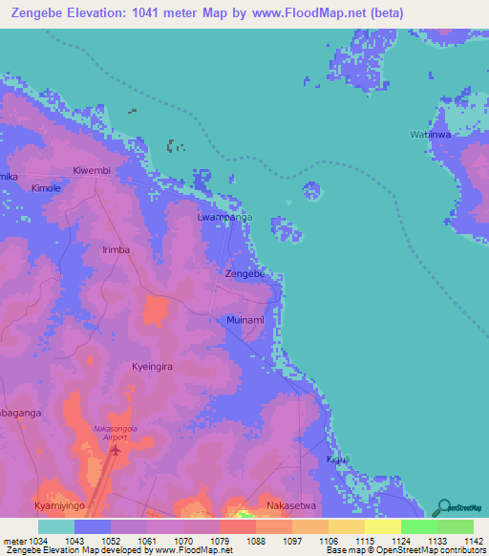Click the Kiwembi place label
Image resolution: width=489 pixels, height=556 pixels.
[93, 170]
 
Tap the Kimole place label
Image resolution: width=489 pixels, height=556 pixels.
[46, 188]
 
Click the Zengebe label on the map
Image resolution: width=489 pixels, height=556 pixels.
[244, 273]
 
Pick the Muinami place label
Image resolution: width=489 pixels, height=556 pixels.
[244, 320]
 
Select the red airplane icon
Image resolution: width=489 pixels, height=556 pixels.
[116, 448]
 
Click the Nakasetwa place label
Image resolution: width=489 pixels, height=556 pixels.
[290, 503]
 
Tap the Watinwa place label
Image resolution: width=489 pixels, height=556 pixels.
[430, 135]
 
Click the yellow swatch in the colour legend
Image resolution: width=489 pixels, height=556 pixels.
[382, 526]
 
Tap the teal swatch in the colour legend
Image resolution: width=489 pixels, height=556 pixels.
[56, 526]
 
